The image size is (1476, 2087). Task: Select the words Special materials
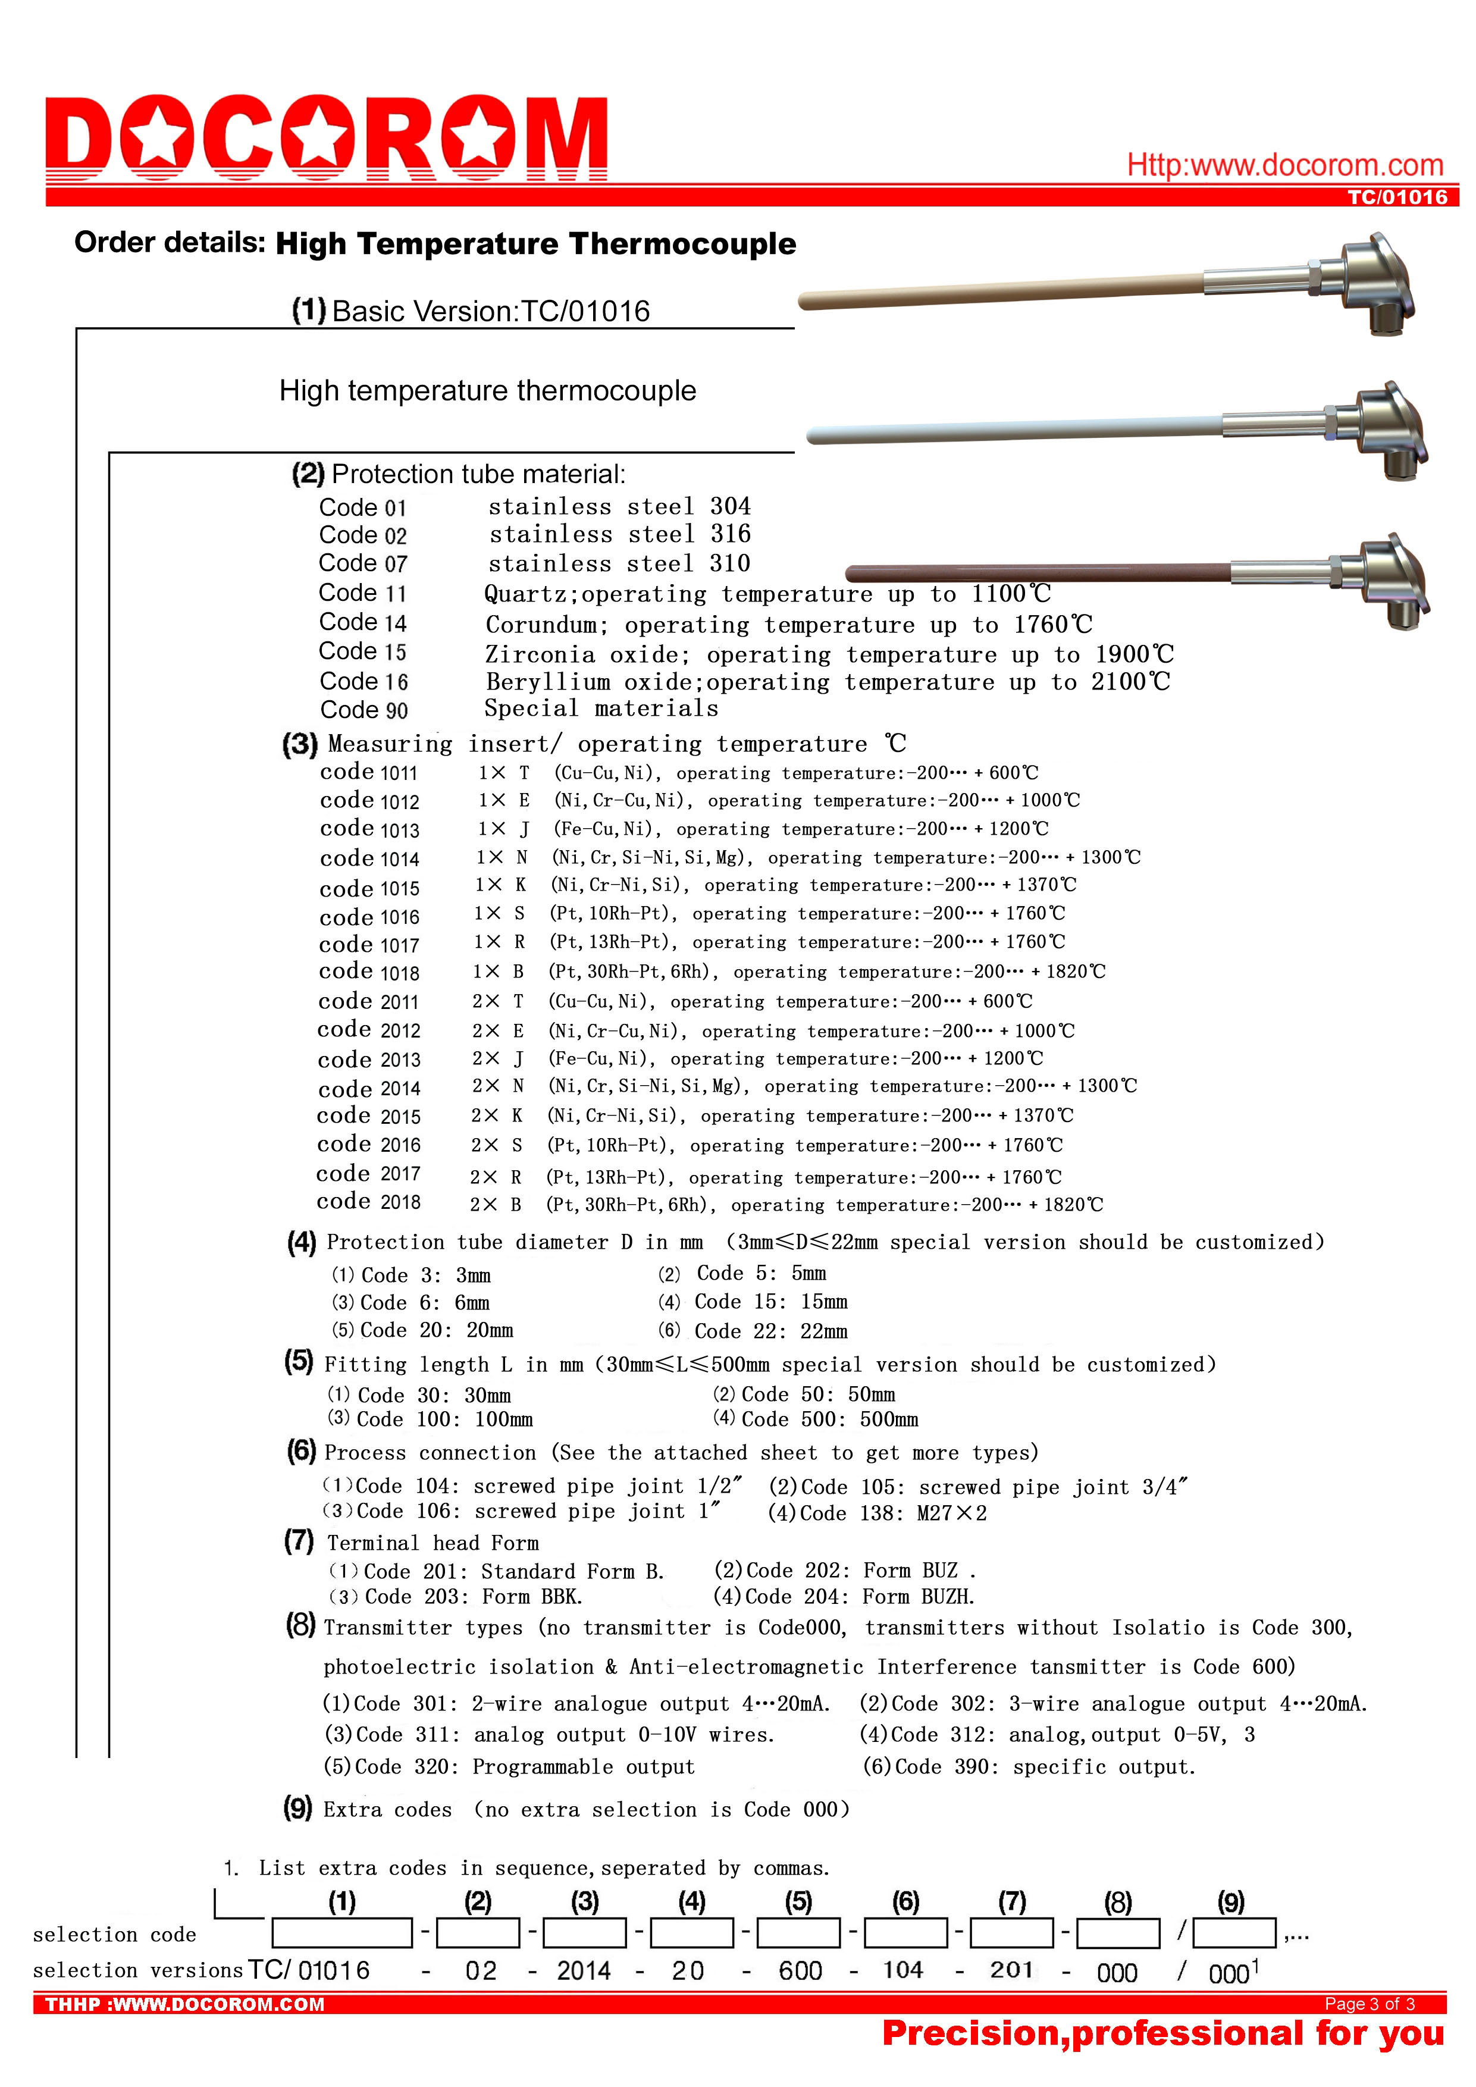pos(601,709)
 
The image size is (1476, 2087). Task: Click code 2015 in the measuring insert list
pos(369,1116)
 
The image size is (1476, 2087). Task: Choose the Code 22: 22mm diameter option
pos(770,1331)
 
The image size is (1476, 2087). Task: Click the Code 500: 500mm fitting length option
pos(829,1420)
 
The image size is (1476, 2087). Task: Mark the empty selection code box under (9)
pos(1234,1932)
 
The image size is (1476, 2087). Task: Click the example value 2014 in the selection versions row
pos(584,1970)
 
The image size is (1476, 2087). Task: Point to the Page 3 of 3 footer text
pos(1369,2004)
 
